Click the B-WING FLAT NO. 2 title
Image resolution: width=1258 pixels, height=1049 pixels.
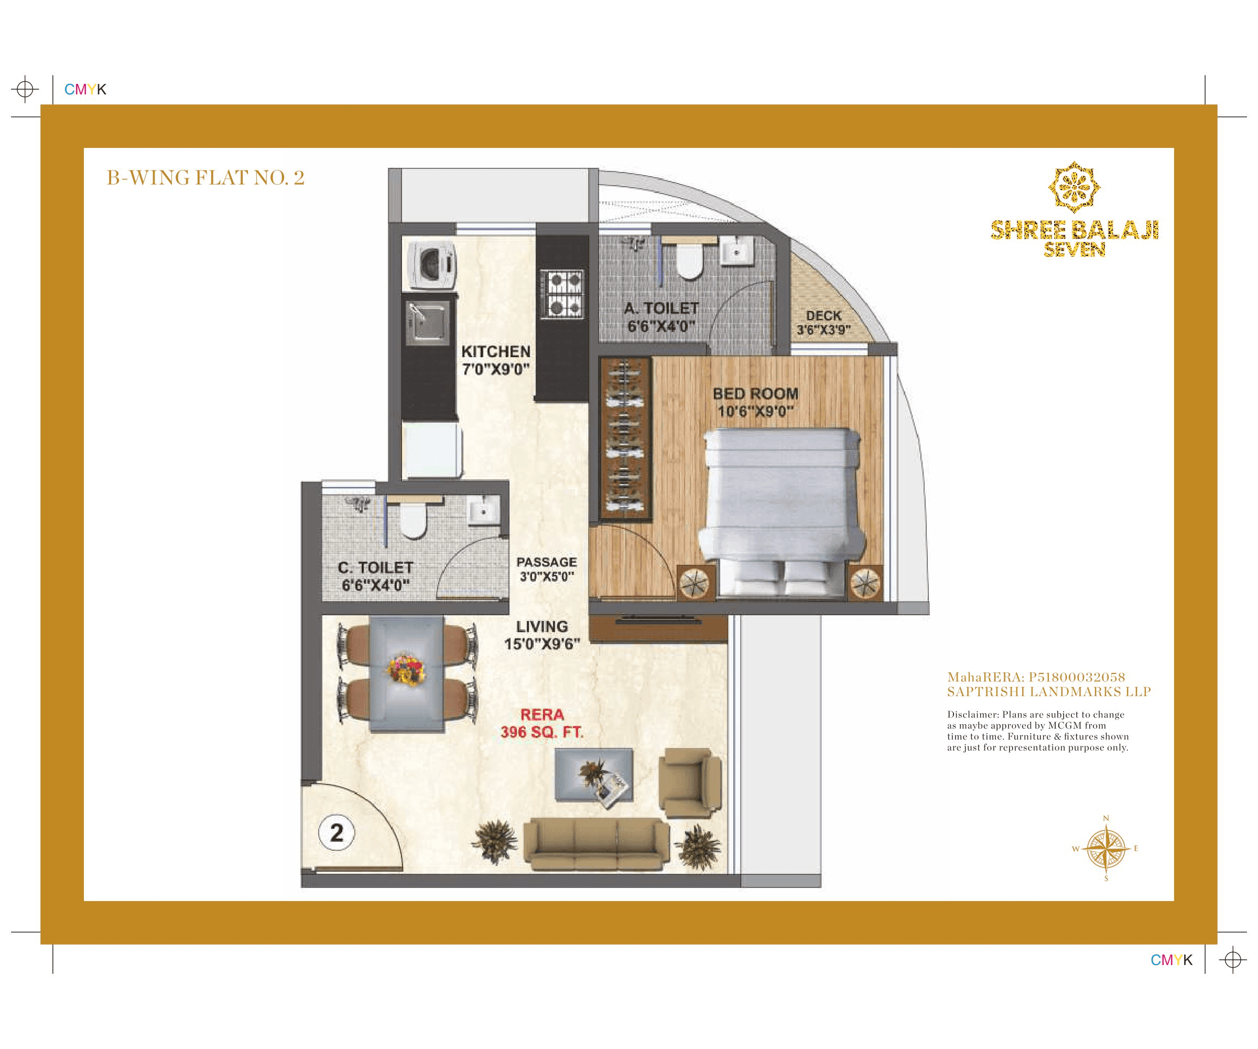pos(205,178)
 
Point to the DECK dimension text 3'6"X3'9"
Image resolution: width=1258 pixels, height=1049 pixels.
pos(823,330)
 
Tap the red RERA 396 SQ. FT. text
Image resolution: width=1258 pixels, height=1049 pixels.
pos(541,723)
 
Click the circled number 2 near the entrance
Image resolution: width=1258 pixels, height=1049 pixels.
pos(337,832)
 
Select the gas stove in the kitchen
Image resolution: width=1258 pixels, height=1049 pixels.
pos(561,294)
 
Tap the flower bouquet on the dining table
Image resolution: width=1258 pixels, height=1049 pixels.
pos(407,669)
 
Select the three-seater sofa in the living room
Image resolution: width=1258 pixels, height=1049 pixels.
pos(596,844)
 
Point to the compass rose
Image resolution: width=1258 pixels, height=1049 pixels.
pos(1106,849)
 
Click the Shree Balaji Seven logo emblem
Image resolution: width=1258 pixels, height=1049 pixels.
pos(1073,187)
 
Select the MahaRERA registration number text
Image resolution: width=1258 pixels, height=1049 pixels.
pos(1036,677)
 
